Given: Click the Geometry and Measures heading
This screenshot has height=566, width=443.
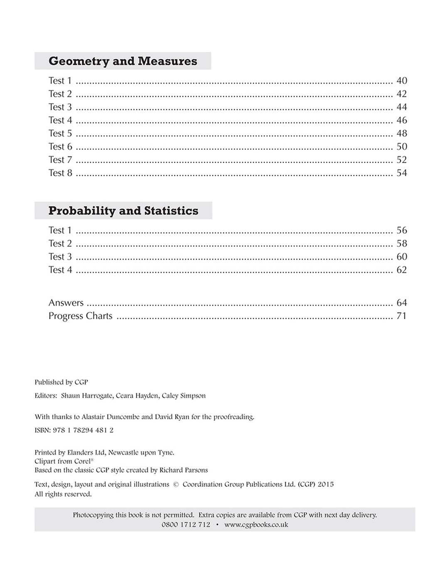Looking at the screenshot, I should (x=123, y=61).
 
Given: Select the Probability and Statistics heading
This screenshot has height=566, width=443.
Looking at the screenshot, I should (x=123, y=211).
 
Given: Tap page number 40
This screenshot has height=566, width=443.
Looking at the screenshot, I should (x=401, y=81).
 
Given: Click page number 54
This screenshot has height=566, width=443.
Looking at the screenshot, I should (x=401, y=173).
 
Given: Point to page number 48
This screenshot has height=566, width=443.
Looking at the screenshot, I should (x=401, y=134).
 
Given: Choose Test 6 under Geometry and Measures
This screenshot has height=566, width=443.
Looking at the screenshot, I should (x=60, y=147).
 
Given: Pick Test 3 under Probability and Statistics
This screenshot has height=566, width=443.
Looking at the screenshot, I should (x=60, y=257).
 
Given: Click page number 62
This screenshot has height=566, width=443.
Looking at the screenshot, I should (x=401, y=270).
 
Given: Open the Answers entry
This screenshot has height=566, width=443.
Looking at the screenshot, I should (x=66, y=303).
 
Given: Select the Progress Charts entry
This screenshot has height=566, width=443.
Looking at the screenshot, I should (x=80, y=316).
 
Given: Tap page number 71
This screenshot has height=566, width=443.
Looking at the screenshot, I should (x=401, y=316).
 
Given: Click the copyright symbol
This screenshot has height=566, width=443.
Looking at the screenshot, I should (x=175, y=484).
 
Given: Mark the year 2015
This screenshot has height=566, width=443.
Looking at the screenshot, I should (x=325, y=484).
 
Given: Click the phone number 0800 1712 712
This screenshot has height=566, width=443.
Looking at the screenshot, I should (x=186, y=525).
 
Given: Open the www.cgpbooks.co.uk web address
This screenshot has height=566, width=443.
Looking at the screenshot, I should (x=256, y=525).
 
